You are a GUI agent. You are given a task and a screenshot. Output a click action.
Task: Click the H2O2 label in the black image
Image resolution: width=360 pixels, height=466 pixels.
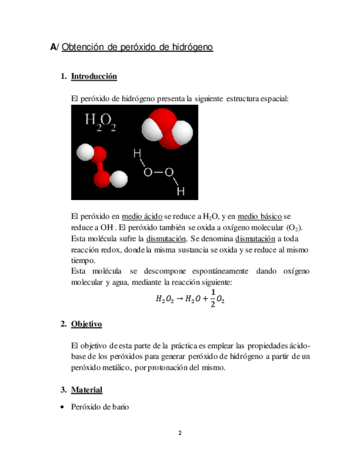[x=100, y=122]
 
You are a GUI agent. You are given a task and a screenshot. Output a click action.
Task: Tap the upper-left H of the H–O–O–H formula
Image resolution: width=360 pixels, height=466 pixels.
[x=137, y=153]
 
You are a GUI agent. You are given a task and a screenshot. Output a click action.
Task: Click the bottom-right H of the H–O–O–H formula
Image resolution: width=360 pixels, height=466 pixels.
[x=180, y=191]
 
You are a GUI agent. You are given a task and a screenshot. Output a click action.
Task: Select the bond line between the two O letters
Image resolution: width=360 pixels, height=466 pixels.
[x=158, y=173]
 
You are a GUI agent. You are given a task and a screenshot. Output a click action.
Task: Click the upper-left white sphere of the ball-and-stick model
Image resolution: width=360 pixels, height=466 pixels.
[x=86, y=152]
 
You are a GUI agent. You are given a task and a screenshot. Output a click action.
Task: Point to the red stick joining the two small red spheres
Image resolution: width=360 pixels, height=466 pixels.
[x=101, y=165]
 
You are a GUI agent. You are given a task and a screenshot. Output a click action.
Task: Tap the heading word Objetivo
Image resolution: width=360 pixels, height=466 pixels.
[x=86, y=324]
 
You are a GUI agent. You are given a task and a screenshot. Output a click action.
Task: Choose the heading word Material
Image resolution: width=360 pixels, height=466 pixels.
[x=86, y=390]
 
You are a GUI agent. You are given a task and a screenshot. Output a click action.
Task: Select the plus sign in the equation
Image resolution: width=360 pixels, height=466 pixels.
[x=205, y=299]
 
